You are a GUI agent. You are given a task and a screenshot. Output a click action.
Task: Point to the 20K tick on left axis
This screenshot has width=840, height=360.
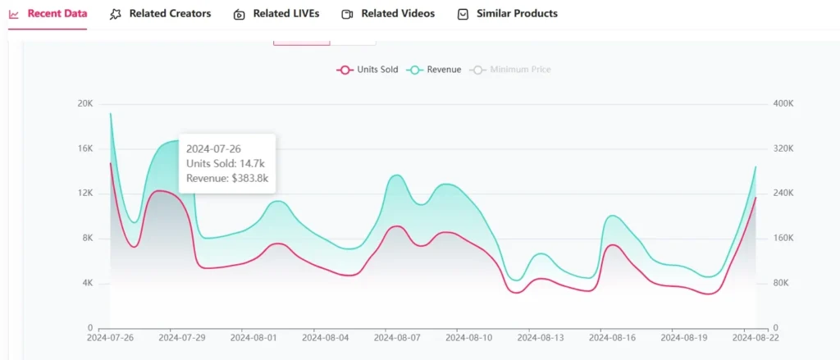point(85,103)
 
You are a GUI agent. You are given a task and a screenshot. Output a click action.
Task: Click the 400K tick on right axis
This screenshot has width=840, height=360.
point(783,103)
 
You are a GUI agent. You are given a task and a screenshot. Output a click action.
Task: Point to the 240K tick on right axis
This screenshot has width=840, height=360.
point(783,194)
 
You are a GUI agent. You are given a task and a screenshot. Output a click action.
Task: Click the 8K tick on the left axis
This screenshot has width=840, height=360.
point(87,239)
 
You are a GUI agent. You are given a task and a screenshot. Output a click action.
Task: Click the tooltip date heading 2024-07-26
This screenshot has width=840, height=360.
point(214,148)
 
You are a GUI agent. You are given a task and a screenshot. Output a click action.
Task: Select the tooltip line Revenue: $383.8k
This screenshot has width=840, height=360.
point(226,178)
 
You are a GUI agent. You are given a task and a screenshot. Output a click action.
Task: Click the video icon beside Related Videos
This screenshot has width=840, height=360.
point(348,14)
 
